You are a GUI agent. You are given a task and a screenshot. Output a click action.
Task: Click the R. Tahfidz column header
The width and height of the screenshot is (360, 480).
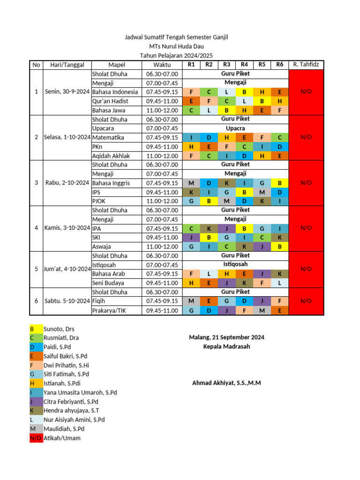(306, 65)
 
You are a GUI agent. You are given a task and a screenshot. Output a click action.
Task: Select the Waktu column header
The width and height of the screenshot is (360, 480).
(162, 65)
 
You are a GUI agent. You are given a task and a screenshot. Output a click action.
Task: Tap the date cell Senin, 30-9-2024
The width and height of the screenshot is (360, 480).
(67, 92)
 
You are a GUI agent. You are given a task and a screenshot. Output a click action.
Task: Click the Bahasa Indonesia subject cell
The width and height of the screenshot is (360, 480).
(115, 92)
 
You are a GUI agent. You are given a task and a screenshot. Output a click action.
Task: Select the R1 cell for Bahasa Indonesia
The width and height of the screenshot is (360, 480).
(191, 92)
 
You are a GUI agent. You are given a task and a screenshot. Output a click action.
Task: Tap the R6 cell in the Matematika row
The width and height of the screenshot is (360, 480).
(279, 137)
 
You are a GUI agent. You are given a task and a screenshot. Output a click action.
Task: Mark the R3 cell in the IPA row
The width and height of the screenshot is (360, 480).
(226, 228)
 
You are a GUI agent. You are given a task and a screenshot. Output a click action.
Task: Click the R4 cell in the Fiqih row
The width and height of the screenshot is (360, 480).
(244, 301)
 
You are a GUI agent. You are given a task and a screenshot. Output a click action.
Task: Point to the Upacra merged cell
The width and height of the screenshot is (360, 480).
(235, 128)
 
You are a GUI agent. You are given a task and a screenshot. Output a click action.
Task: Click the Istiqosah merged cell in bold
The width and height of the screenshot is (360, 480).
(235, 264)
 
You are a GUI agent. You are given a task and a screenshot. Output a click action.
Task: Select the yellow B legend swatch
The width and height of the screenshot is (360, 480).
(36, 329)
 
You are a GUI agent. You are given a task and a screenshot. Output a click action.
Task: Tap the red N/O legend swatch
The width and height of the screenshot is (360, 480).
(36, 438)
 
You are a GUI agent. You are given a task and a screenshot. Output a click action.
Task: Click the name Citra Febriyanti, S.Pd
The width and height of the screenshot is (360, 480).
(71, 402)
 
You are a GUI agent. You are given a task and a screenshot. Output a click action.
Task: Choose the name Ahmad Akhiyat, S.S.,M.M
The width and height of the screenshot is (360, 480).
(226, 383)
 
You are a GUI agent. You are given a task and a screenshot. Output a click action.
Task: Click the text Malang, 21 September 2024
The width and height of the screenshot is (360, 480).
(226, 337)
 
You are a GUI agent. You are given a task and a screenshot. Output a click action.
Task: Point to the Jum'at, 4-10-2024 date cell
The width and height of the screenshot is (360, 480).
(67, 269)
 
